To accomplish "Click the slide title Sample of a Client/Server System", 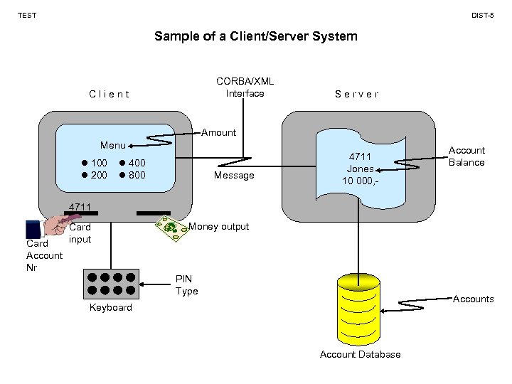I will click(255, 36).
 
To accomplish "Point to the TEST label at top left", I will click(27, 15).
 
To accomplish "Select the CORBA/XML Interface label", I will click(245, 87).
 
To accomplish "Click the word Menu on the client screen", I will click(113, 145).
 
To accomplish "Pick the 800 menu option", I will click(136, 174).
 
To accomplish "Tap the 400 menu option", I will click(136, 164).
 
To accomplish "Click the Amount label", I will click(218, 132).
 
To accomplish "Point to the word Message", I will click(234, 175).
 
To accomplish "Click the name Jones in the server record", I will click(360, 169).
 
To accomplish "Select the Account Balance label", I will click(466, 156).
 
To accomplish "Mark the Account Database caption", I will click(360, 354).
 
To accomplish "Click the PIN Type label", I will click(186, 284).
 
